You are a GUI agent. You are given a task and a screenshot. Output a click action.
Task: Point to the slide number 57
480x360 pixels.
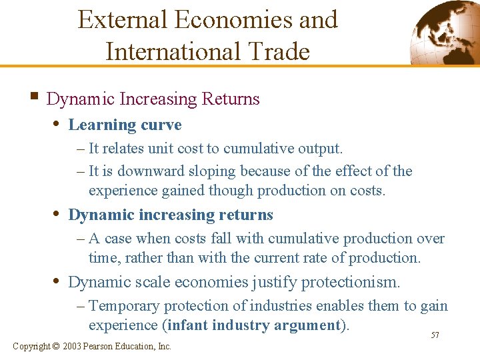pyautogui.click(x=435, y=335)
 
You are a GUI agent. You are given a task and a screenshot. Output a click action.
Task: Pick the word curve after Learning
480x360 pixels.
pyautogui.click(x=160, y=125)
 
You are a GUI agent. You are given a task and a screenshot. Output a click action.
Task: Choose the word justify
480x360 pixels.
pyautogui.click(x=273, y=282)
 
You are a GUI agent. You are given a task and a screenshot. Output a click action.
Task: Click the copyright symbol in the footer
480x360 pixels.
pyautogui.click(x=56, y=346)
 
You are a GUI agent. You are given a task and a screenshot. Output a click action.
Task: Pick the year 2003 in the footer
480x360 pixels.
pyautogui.click(x=73, y=346)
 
